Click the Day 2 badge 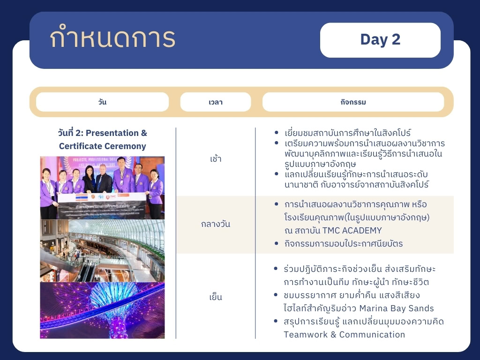pyautogui.click(x=380, y=40)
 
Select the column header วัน pyautogui.click(x=102, y=102)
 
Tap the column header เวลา pyautogui.click(x=216, y=102)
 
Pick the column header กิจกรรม pyautogui.click(x=353, y=102)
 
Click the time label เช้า pyautogui.click(x=216, y=158)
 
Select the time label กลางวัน pyautogui.click(x=216, y=224)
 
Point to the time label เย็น pyautogui.click(x=216, y=297)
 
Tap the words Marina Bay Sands pyautogui.click(x=397, y=308)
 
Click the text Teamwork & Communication pyautogui.click(x=344, y=335)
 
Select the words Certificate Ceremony pyautogui.click(x=102, y=146)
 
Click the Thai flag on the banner pyautogui.click(x=82, y=197)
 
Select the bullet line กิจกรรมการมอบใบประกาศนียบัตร pyautogui.click(x=343, y=244)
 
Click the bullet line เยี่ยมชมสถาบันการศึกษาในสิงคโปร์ pyautogui.click(x=347, y=133)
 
